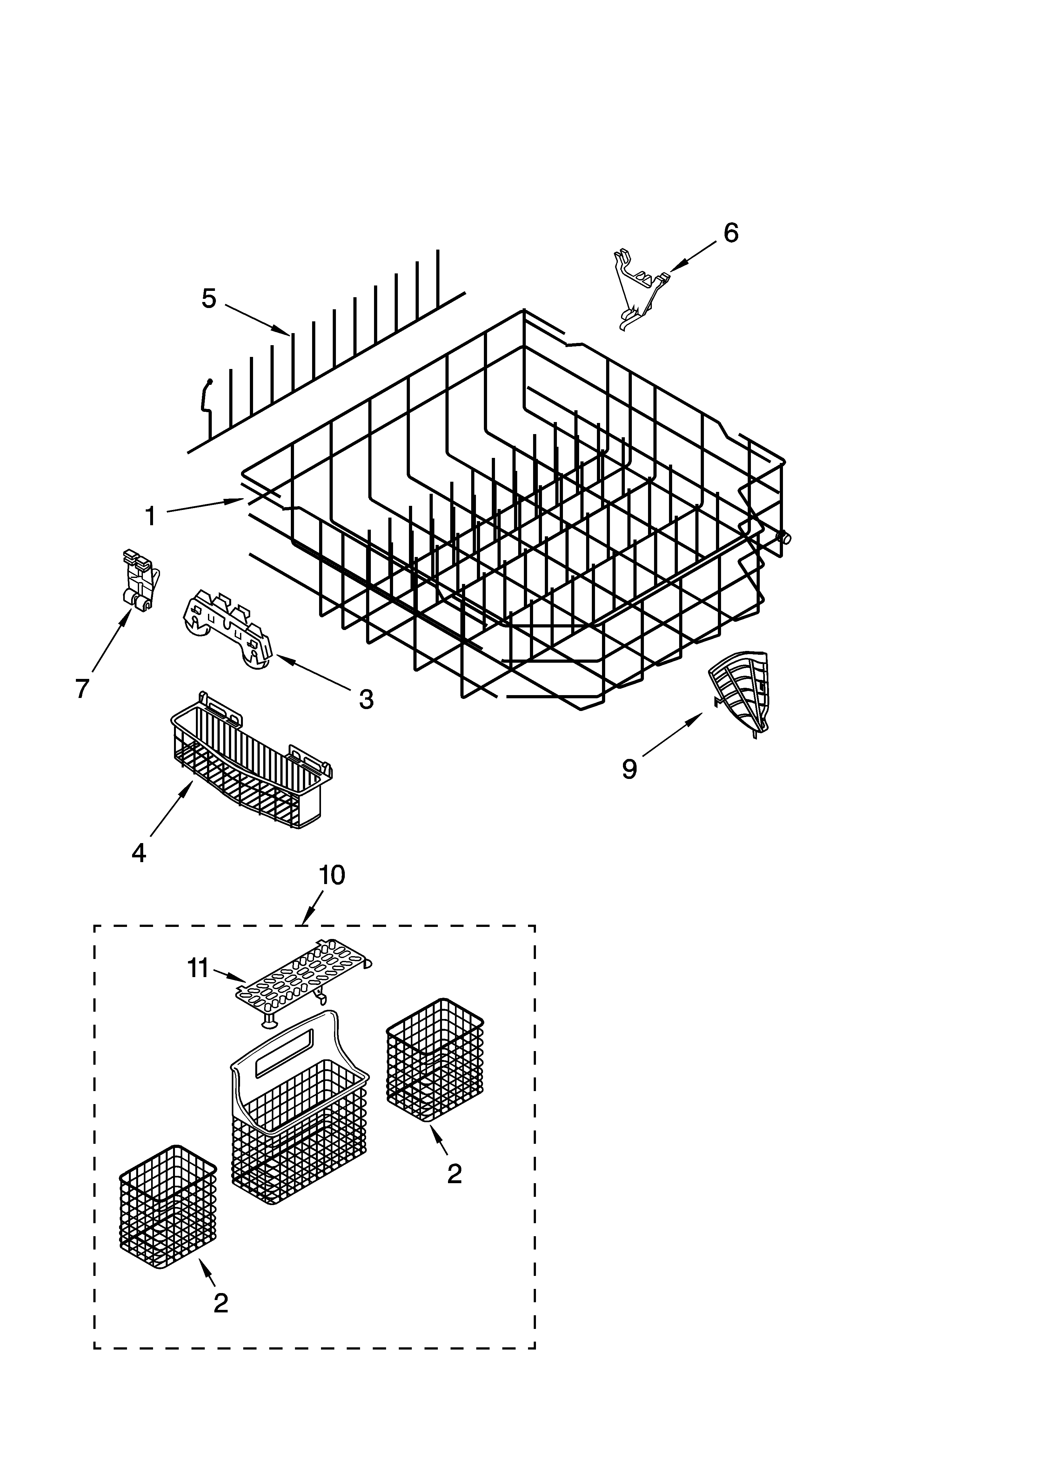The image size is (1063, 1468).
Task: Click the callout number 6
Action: click(730, 233)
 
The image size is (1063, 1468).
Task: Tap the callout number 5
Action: click(209, 299)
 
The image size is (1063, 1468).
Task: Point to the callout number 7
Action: click(82, 689)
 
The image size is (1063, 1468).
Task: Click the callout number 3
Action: click(366, 699)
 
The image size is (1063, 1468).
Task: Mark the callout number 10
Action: click(331, 875)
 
